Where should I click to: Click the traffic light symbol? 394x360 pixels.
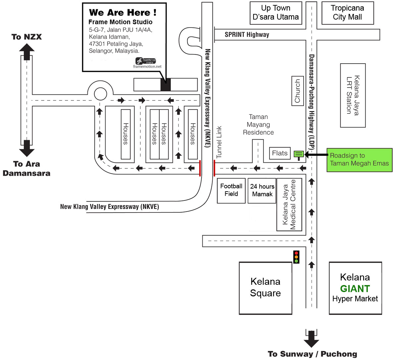pos(296,257)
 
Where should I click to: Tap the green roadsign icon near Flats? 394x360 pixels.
pos(299,154)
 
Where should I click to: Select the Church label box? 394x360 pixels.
pos(297,91)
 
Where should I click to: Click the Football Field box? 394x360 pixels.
pos(231,191)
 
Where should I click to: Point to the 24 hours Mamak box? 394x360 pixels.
pos(262,191)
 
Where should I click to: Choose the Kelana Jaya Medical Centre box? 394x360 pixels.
pos(289,205)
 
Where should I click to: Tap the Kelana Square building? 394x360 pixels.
pos(265,288)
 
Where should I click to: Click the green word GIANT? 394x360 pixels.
pos(355,289)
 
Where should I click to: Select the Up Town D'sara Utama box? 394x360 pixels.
pos(276,13)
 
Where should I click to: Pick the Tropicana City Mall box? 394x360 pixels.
pos(347,13)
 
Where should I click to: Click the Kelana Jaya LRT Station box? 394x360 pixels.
pos(353,95)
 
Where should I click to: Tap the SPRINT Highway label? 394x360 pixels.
pos(247,34)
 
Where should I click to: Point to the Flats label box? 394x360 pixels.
pos(280,153)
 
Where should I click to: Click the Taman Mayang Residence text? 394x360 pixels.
pos(258,125)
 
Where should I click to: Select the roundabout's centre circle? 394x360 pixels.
pos(101,94)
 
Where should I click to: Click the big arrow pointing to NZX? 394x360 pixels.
pos(27,51)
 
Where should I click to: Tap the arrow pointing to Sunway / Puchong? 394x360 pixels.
pos(311,339)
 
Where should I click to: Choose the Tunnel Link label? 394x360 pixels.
pos(219,142)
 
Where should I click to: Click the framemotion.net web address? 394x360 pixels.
pos(147,67)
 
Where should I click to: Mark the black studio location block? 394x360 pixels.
pos(165,85)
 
